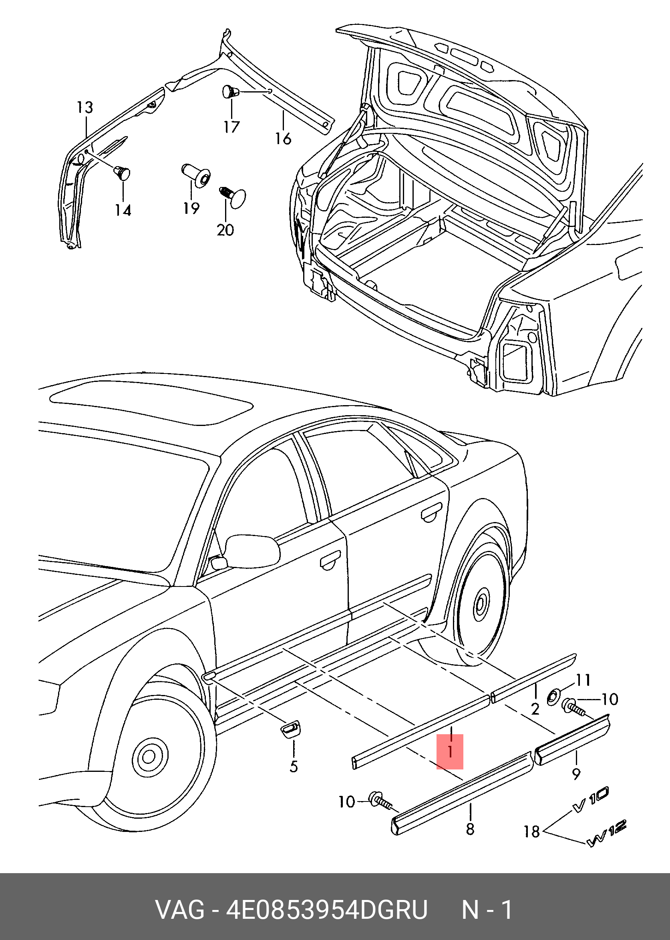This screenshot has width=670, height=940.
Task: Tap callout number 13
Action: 85,108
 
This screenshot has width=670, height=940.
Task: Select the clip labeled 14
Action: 122,173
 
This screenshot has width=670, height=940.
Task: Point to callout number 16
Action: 284,139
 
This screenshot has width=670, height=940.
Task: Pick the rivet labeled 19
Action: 196,175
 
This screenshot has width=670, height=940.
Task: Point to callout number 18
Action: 532,831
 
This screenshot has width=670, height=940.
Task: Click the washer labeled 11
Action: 553,697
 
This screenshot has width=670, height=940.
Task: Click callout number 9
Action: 576,773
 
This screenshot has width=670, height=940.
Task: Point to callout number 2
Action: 535,709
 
